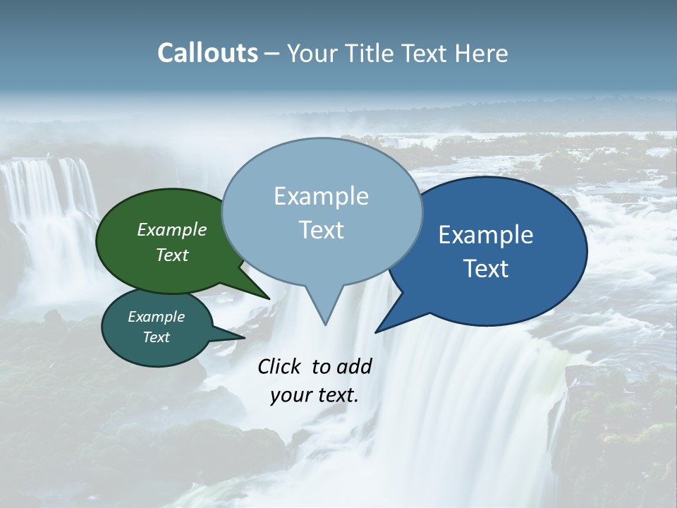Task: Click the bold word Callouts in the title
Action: pos(207,53)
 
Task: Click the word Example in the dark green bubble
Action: pos(172,230)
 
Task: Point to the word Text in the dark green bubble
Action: pos(172,255)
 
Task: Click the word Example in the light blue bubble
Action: pos(321,196)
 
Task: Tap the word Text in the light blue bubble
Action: pos(321,230)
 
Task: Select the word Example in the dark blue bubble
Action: pos(486,235)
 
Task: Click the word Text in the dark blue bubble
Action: pos(486,269)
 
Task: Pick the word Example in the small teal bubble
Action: pos(157,317)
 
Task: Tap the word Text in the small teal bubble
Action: pos(157,337)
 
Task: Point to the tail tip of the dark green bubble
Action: pos(269,298)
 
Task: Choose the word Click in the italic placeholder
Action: pos(279,366)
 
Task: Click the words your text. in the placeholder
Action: pos(314,395)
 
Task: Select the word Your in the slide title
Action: pos(311,53)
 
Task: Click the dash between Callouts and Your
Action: pos(272,53)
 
